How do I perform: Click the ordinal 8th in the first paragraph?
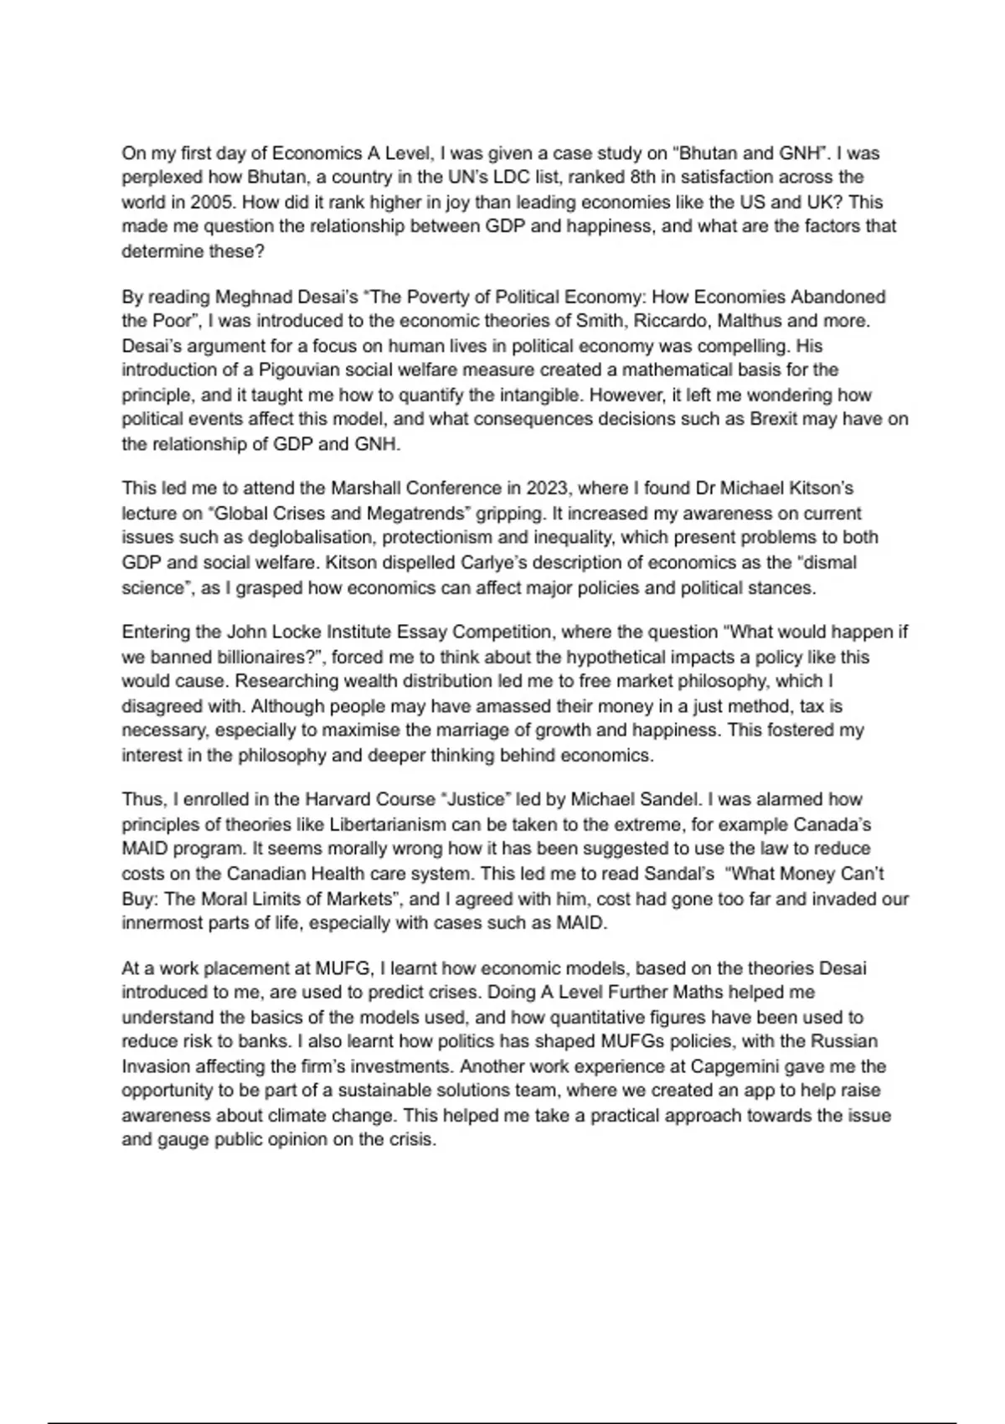[582, 178]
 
